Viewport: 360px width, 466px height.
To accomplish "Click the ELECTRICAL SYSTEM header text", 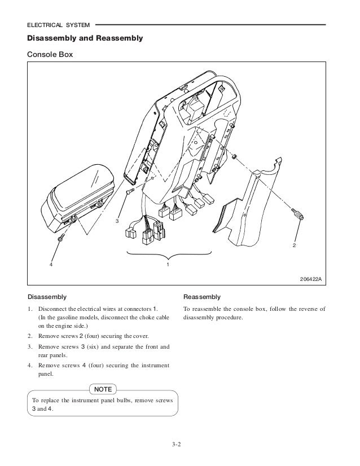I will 59,25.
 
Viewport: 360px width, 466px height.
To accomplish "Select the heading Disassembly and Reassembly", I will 85,39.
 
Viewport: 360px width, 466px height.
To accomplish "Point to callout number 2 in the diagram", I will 294,247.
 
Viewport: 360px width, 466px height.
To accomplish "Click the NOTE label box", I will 102,389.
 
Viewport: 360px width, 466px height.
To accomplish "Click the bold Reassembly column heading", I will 202,297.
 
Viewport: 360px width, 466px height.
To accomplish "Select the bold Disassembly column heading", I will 47,297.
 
